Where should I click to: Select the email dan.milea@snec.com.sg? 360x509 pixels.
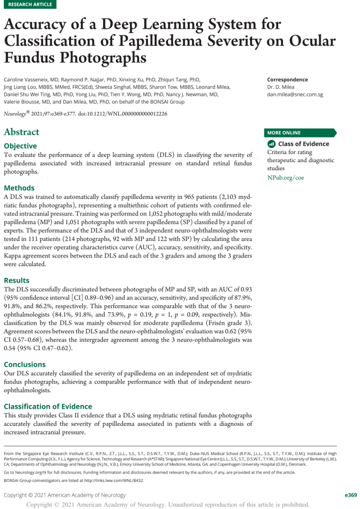294,94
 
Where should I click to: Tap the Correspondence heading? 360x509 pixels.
287,79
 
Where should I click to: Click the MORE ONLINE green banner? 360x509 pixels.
300,132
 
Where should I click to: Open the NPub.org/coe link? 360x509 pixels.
285,177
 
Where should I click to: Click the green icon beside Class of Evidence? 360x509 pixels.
272,144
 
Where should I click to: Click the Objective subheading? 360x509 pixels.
20,146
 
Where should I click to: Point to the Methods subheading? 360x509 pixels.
19,188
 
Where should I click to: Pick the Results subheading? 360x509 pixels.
16,280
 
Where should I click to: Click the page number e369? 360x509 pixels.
350,495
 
